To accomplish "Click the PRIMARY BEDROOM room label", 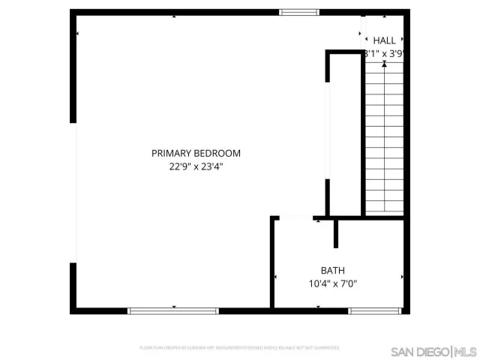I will [196, 153].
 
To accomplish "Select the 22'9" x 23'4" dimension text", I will [196, 167].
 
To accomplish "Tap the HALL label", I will [384, 40].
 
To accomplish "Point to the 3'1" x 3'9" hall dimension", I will [384, 54].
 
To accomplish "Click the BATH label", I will [333, 270].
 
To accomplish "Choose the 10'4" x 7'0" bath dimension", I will [333, 283].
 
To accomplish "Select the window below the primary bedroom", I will [173, 310].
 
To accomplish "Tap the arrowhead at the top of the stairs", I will [384, 65].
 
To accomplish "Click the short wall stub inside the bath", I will [336, 233].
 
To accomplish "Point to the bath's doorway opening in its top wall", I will [294, 218].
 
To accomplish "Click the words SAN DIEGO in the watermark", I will [419, 351].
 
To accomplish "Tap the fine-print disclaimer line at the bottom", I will [240, 348].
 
